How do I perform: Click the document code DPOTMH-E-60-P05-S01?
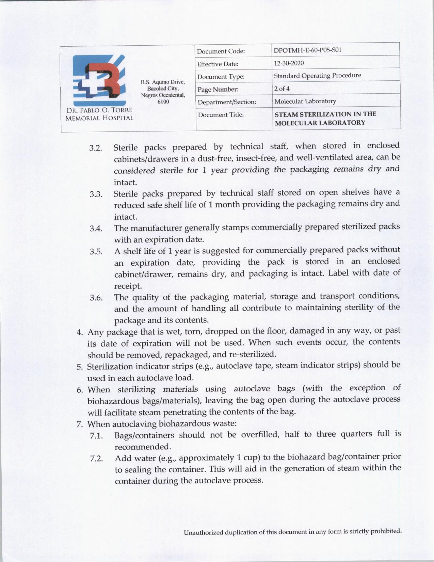[307, 50]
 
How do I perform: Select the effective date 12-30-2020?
[289, 63]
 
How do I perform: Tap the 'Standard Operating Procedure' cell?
[317, 76]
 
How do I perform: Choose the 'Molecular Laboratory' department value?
[305, 101]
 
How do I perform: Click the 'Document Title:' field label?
[221, 115]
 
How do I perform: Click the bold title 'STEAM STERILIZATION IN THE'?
[325, 114]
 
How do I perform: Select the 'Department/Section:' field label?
[227, 102]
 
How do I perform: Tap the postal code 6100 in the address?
[163, 102]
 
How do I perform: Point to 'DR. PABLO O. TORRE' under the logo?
[98, 111]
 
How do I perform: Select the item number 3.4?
[96, 229]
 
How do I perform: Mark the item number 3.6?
[96, 298]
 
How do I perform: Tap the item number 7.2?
[96, 459]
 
